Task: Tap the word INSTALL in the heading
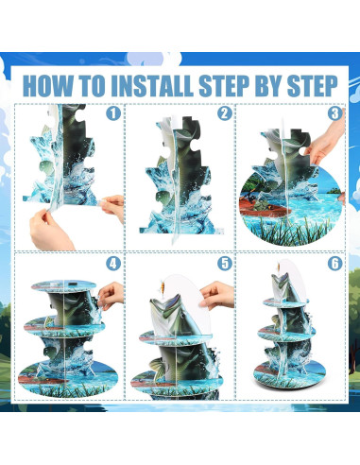pyautogui.click(x=152, y=86)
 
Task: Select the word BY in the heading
pyautogui.click(x=268, y=86)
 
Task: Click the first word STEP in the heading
pyautogui.click(x=224, y=86)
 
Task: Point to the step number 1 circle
pyautogui.click(x=113, y=113)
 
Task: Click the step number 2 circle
pyautogui.click(x=225, y=113)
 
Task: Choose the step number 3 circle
pyautogui.click(x=334, y=113)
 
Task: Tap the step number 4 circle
pyautogui.click(x=113, y=264)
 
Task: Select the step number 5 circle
pyautogui.click(x=225, y=264)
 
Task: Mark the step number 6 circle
pyautogui.click(x=334, y=264)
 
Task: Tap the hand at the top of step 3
pyautogui.click(x=324, y=140)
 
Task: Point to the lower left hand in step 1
pyautogui.click(x=50, y=230)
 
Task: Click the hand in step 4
pyautogui.click(x=111, y=296)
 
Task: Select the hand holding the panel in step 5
pyautogui.click(x=217, y=296)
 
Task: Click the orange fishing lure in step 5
pyautogui.click(x=163, y=286)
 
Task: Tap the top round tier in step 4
pyautogui.click(x=63, y=285)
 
